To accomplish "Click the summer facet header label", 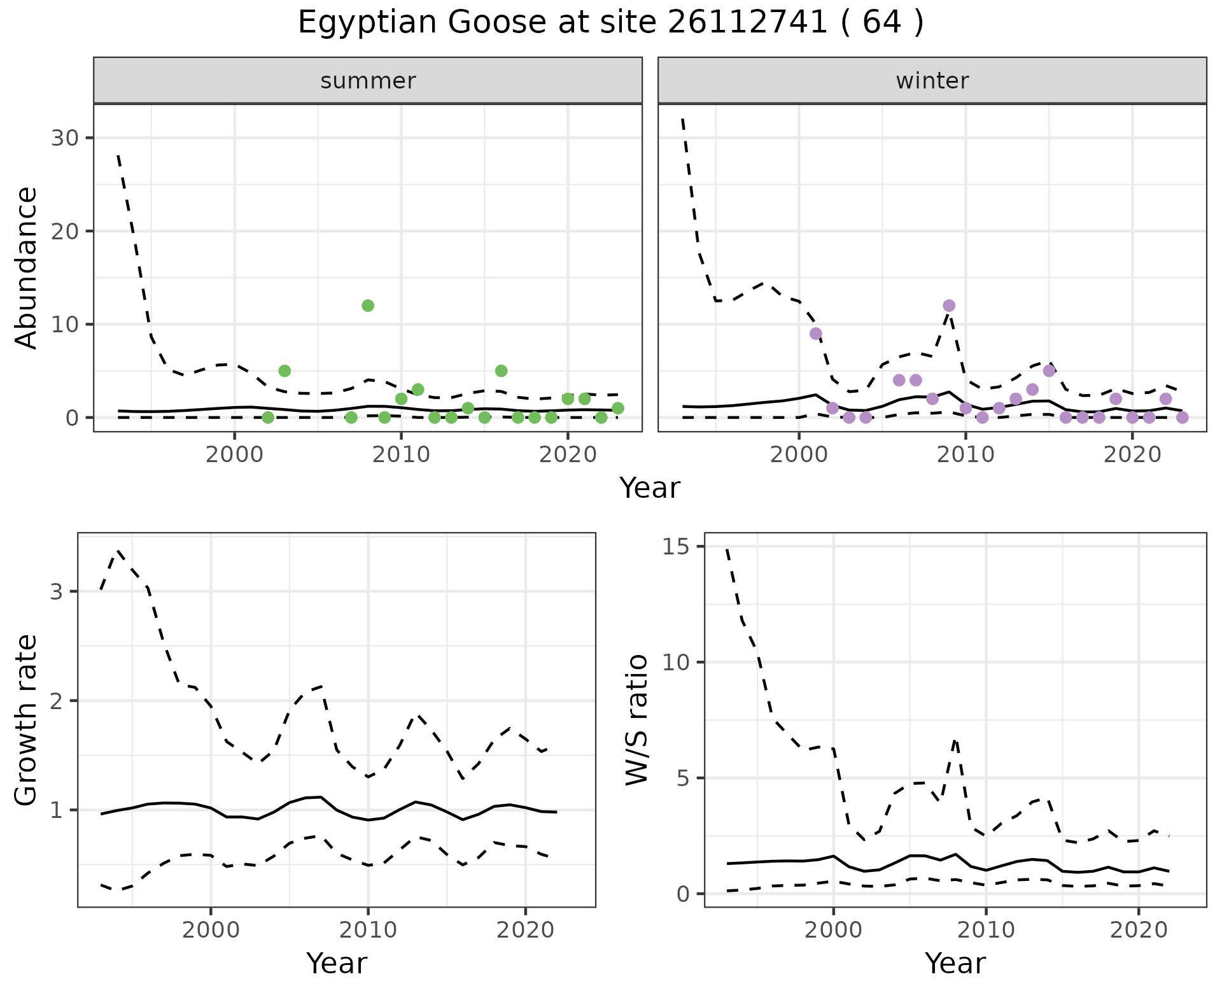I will (x=368, y=81).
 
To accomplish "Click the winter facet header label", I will (x=932, y=81).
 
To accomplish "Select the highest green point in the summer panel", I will (x=368, y=306).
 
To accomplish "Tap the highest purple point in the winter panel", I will (x=949, y=306).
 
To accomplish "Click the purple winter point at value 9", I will (x=815, y=334).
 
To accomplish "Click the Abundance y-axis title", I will (x=27, y=267).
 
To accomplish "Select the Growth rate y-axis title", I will (x=27, y=721).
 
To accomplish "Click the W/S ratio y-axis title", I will (x=636, y=719).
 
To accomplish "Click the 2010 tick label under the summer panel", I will (x=401, y=455).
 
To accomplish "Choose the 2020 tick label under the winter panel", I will (x=1132, y=455).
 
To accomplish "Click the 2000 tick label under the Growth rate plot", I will (x=211, y=930).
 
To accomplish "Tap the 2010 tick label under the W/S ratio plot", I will (x=986, y=930).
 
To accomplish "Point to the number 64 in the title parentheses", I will (x=882, y=24).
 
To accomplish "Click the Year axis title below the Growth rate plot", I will (x=337, y=963).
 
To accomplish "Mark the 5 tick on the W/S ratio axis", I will (x=684, y=778).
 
